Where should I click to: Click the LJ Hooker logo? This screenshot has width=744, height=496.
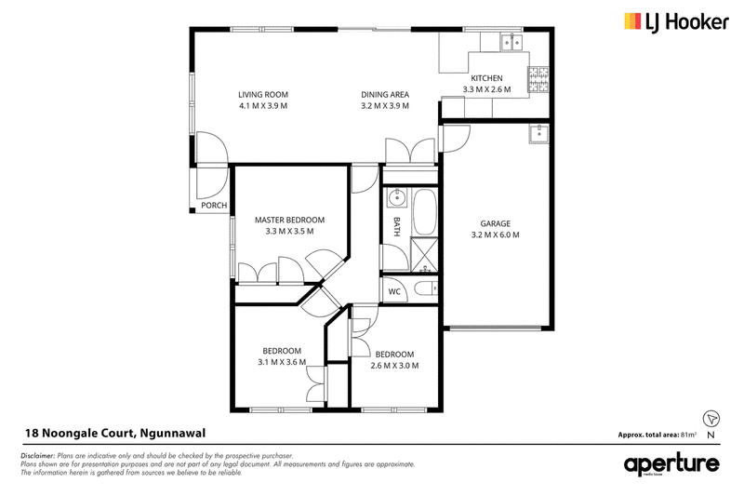click(676, 22)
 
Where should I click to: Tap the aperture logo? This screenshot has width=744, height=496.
click(671, 463)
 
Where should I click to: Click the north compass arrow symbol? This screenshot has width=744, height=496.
click(711, 419)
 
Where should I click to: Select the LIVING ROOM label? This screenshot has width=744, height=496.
click(263, 94)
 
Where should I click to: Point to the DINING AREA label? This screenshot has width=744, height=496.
click(385, 94)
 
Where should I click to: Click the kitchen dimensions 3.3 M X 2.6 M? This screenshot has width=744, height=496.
click(486, 89)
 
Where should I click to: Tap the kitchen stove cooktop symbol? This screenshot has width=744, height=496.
click(538, 79)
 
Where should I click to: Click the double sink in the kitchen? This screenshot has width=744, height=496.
click(511, 43)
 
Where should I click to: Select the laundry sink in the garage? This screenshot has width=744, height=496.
click(539, 133)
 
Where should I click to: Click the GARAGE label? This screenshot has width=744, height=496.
click(496, 223)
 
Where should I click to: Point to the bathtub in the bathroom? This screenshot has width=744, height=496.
click(424, 211)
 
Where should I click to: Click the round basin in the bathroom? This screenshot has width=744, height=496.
click(396, 197)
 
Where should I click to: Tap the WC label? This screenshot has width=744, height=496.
click(394, 291)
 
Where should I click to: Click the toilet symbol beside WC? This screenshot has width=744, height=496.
click(425, 288)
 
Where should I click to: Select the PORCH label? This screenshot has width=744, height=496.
click(214, 205)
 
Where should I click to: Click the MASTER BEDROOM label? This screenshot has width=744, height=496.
click(289, 220)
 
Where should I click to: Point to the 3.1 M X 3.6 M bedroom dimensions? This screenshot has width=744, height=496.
click(282, 362)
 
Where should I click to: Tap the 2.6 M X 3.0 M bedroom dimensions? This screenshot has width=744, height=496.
click(394, 366)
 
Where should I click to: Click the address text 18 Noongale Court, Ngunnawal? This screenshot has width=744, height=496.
click(115, 433)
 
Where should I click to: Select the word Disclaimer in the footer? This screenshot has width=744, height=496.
click(38, 456)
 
